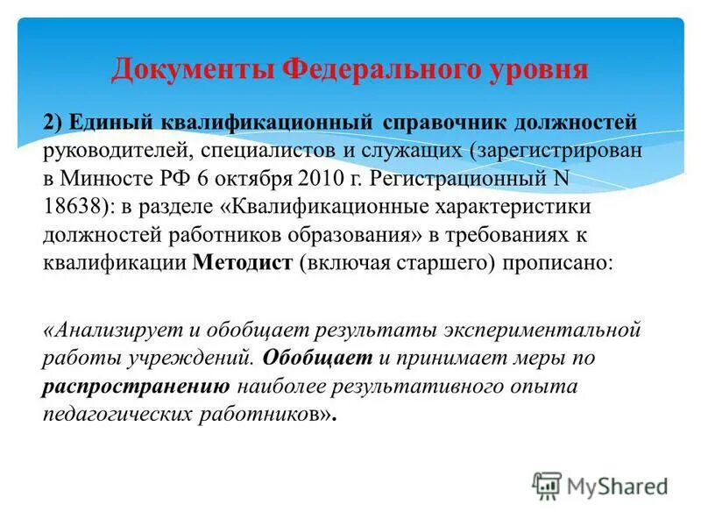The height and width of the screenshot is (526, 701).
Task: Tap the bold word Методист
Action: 240,264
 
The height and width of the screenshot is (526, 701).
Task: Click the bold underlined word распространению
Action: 136,387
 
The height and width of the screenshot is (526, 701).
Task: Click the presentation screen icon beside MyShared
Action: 547,485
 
